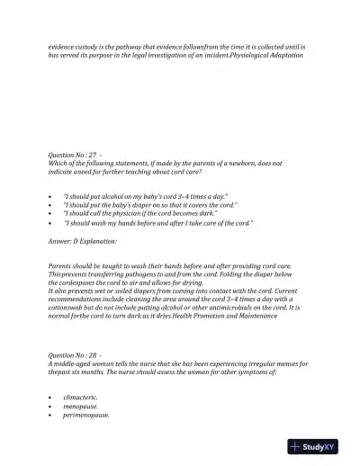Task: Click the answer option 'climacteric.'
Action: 82,397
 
